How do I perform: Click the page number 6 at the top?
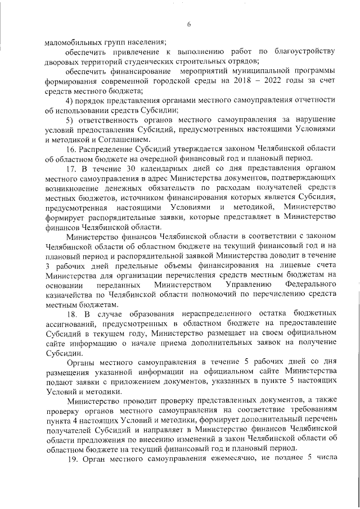[190, 23]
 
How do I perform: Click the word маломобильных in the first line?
[71, 42]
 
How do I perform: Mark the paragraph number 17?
[71, 169]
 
